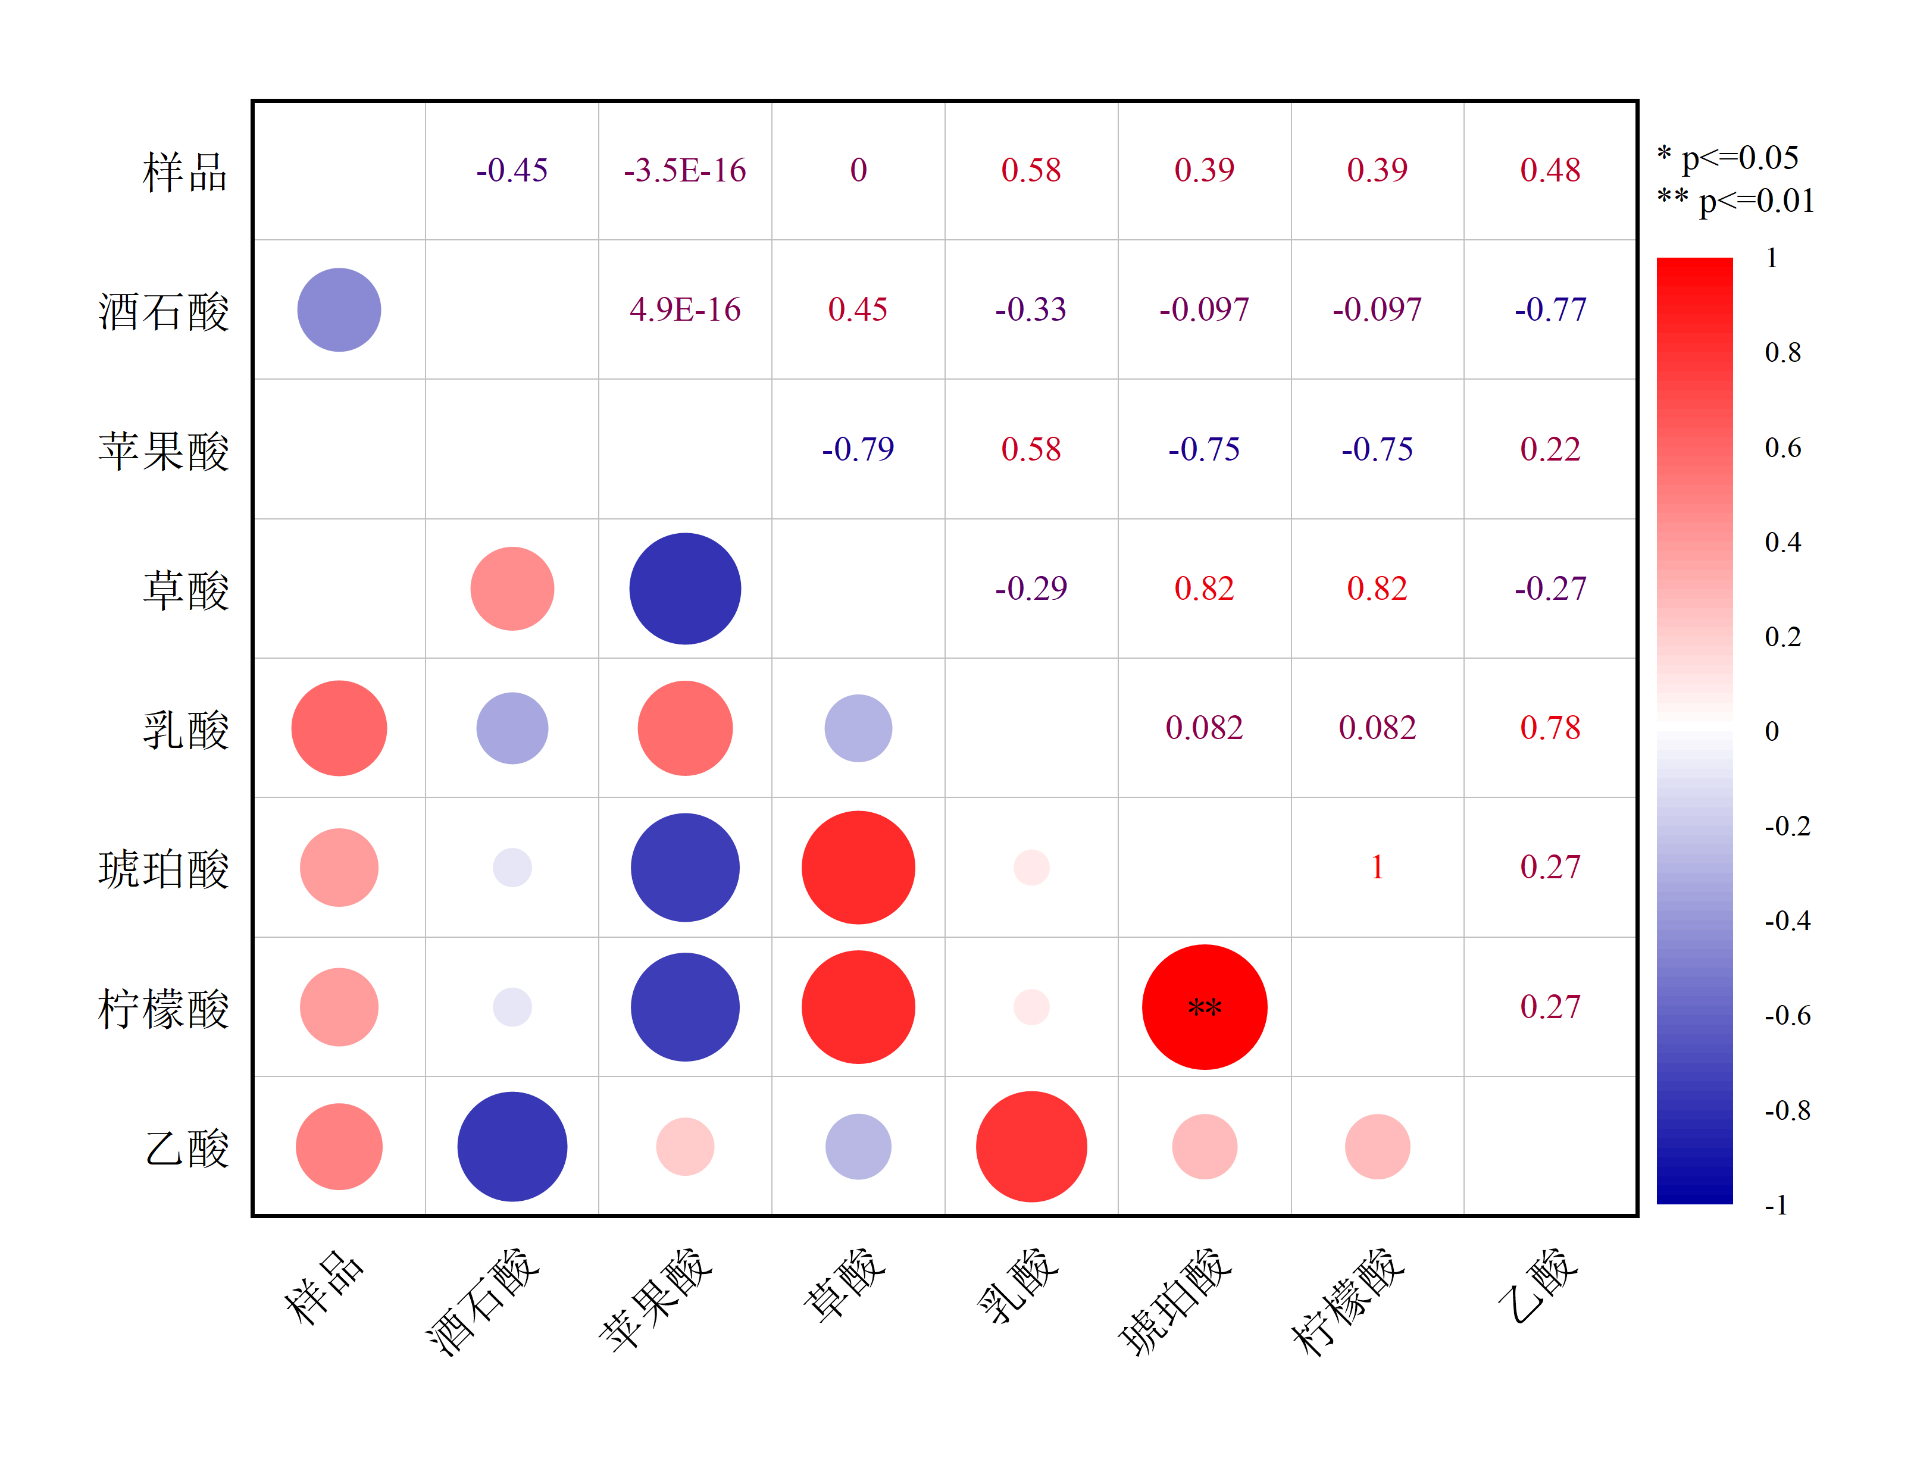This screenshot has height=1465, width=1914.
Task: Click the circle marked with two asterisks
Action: [x=1204, y=1007]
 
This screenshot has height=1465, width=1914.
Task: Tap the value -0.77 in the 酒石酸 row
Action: [x=1550, y=309]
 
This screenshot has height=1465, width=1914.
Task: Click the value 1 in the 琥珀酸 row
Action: [x=1377, y=867]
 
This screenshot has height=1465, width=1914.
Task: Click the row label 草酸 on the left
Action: [x=186, y=590]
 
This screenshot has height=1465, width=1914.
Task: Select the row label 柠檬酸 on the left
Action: [x=163, y=1009]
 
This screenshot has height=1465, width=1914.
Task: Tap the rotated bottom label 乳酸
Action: [x=1018, y=1286]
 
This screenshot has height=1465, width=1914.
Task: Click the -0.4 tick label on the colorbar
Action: [x=1787, y=921]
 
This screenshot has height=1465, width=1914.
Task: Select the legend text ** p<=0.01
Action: [x=1735, y=201]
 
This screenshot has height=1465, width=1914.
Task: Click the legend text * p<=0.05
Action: [x=1727, y=158]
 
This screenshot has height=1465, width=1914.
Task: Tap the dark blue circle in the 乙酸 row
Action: [x=512, y=1147]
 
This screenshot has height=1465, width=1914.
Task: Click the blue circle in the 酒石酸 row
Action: [x=339, y=309]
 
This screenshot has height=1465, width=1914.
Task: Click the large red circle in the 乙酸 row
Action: [x=1031, y=1147]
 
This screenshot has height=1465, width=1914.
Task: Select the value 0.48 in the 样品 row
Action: [x=1550, y=170]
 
